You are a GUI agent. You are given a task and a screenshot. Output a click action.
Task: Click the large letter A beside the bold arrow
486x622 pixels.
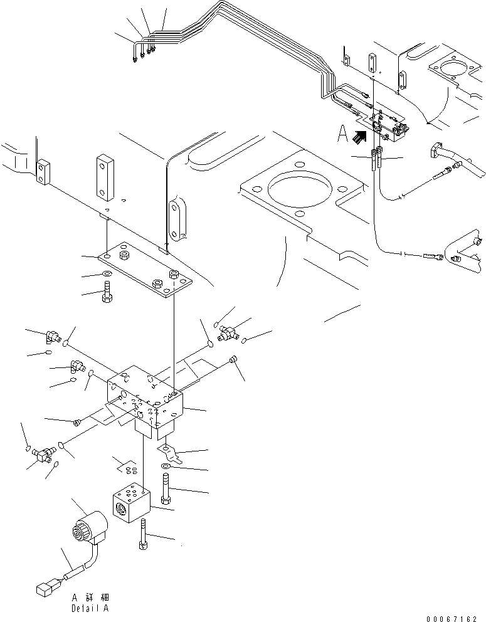pyautogui.click(x=342, y=134)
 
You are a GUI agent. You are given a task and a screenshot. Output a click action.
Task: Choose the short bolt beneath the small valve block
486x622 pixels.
pyautogui.click(x=143, y=534)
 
